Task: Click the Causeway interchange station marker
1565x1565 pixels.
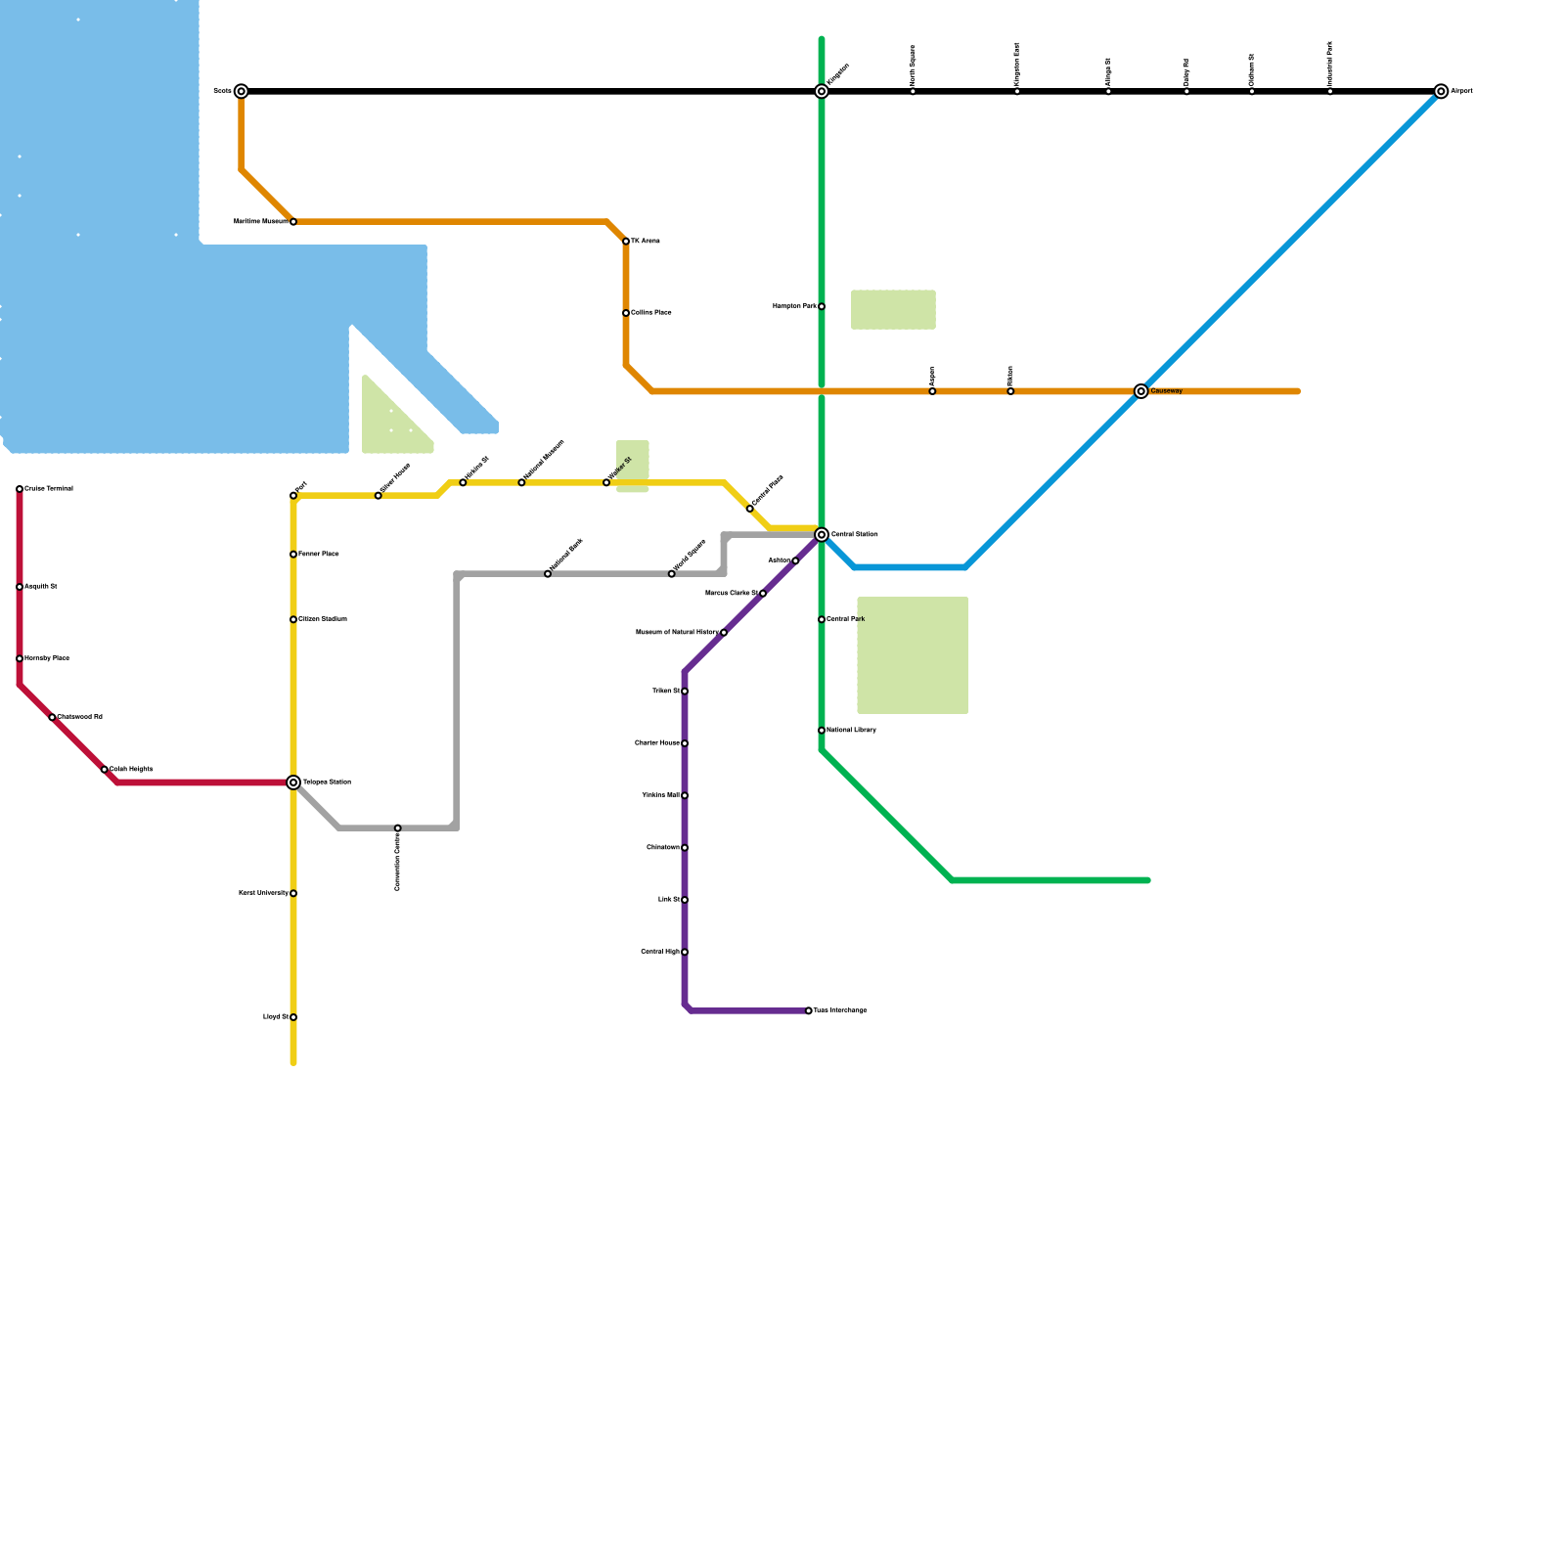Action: (1140, 391)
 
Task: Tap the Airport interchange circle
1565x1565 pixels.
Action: (1441, 91)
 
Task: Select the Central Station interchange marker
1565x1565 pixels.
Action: (822, 535)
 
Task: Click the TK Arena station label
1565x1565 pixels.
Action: (646, 242)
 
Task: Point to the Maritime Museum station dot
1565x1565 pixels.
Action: (293, 222)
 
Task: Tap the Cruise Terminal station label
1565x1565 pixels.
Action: (49, 489)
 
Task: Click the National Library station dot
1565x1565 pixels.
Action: (822, 731)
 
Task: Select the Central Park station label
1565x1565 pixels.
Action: (846, 619)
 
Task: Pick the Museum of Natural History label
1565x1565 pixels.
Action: (677, 633)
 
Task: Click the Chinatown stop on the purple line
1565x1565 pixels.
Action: (685, 848)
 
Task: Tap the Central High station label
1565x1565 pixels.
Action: (660, 952)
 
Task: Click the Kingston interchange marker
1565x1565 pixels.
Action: (822, 91)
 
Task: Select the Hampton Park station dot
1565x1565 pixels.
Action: (822, 306)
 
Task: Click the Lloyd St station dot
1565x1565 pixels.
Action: (293, 1017)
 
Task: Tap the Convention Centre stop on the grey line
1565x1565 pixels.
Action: (397, 828)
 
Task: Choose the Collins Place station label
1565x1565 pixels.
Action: (651, 313)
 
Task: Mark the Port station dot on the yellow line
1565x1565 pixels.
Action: (293, 496)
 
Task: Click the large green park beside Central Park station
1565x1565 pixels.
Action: (913, 655)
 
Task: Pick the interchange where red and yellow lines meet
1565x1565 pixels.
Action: (293, 782)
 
